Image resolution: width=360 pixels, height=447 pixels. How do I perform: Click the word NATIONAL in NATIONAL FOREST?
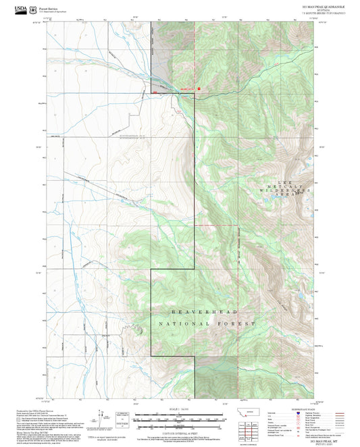[178, 325]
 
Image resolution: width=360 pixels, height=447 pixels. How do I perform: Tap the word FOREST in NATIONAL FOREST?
[236, 325]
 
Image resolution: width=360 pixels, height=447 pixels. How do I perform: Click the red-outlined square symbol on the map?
[199, 88]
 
